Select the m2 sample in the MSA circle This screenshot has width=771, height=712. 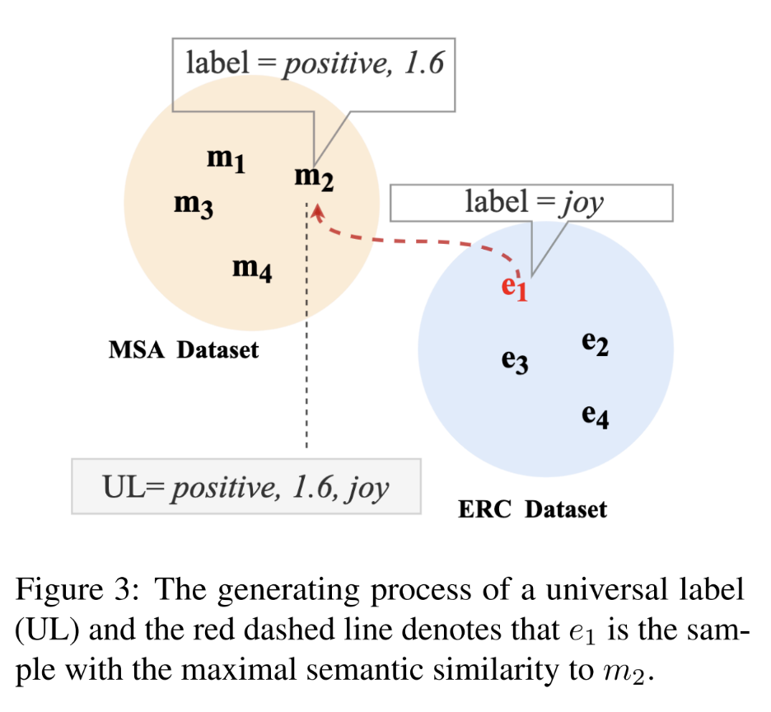point(314,176)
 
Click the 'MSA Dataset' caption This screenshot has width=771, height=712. point(184,350)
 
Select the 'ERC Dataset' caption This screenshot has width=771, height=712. point(532,509)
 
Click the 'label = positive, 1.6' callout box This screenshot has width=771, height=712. point(314,63)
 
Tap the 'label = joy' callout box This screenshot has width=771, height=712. point(531,203)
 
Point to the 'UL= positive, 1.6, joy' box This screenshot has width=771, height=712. point(245,487)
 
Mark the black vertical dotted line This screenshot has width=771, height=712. point(306,346)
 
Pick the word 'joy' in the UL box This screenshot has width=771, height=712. point(367,488)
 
